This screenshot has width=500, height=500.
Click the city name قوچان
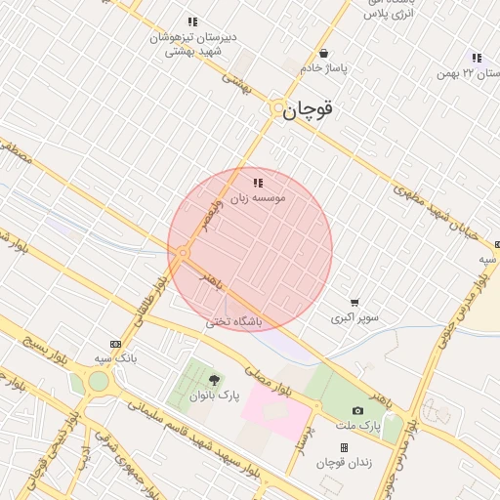[309, 110]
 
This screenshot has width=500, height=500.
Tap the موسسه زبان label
[258, 198]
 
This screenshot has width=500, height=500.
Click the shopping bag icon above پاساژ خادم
[323, 54]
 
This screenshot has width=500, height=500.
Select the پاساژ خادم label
[324, 68]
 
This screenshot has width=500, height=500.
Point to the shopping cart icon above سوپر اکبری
[354, 303]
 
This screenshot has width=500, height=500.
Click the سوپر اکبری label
[354, 317]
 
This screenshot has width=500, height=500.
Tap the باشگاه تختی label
[229, 322]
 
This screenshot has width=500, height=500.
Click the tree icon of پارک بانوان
[215, 380]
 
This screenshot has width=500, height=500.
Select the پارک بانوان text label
[215, 395]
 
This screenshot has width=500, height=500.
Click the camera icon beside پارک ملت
[357, 411]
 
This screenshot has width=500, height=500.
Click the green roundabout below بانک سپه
[97, 381]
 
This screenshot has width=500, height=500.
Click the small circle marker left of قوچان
[278, 108]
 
